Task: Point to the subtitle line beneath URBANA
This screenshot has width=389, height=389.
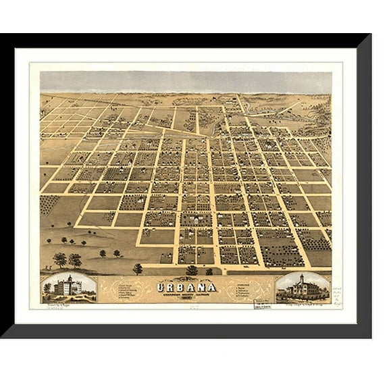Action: (x=186, y=294)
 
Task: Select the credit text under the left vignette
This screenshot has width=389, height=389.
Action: (x=57, y=306)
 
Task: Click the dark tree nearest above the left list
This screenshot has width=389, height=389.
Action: (x=138, y=268)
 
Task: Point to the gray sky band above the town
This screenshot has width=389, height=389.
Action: (x=186, y=81)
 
